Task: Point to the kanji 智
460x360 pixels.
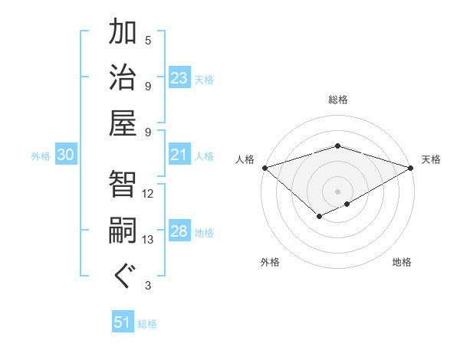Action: (123, 184)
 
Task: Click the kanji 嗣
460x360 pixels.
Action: (123, 231)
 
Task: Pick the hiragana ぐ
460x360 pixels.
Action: (123, 276)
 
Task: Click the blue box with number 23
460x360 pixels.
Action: (179, 78)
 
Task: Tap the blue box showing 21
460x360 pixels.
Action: (179, 155)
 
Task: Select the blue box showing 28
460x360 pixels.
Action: (179, 232)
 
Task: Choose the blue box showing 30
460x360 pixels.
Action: (65, 155)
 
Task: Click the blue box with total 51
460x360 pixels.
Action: (123, 322)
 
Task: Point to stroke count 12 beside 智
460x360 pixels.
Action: (148, 193)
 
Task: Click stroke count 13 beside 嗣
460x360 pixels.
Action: (148, 240)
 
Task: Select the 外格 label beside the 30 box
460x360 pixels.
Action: (41, 156)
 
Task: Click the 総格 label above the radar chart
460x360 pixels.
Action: (337, 100)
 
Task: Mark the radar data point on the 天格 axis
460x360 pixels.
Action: (411, 167)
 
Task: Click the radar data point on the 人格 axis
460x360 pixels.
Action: (264, 167)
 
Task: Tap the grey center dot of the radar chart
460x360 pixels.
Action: (337, 191)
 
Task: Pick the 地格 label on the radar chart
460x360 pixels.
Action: (402, 263)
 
